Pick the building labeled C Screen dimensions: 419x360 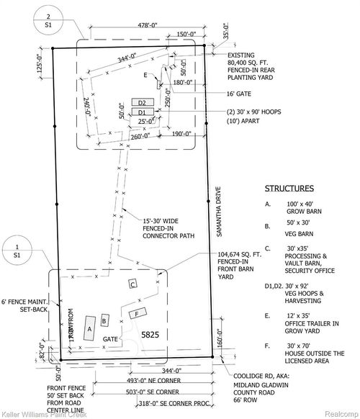point(133,284)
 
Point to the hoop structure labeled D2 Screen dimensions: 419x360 point(142,104)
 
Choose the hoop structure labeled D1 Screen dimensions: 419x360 point(142,113)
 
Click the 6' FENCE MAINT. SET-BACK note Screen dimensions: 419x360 point(26,305)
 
